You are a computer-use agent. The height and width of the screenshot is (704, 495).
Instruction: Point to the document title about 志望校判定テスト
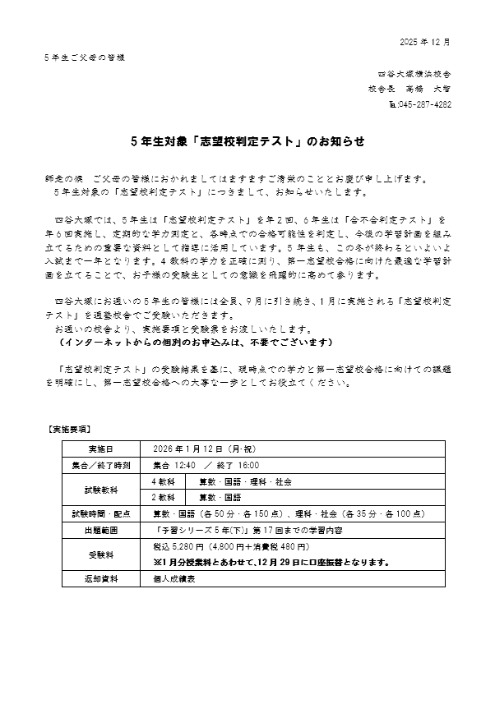[247, 141]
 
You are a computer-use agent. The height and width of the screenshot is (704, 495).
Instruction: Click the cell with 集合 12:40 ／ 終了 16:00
[201, 465]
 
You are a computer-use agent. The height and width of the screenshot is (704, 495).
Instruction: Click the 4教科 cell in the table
[164, 481]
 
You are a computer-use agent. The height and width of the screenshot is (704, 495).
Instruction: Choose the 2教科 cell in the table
[164, 497]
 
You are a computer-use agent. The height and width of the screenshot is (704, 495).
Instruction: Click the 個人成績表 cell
[174, 578]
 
